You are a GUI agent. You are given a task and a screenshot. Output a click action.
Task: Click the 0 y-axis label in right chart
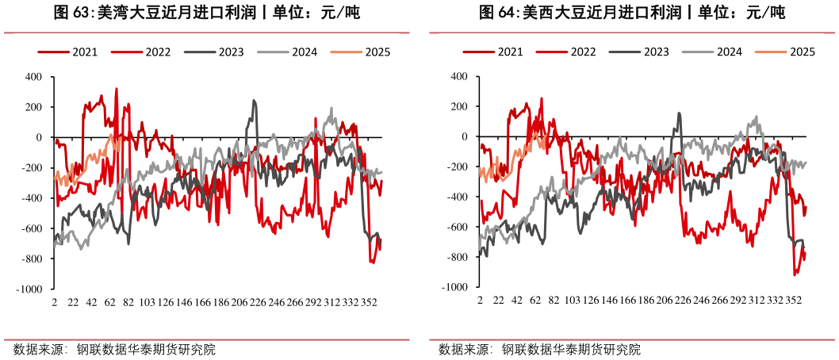(465, 136)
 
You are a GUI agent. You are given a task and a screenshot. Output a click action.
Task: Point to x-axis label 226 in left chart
(258, 303)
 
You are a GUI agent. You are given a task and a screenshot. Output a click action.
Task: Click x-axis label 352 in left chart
(369, 303)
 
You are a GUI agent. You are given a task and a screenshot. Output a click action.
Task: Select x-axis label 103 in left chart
(147, 303)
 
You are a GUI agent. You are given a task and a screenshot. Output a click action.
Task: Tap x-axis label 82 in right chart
(553, 302)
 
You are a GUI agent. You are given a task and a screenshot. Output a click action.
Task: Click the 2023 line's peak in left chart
(255, 101)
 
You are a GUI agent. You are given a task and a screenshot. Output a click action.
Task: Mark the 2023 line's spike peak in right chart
(679, 113)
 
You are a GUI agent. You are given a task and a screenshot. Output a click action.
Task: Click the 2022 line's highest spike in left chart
(117, 89)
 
